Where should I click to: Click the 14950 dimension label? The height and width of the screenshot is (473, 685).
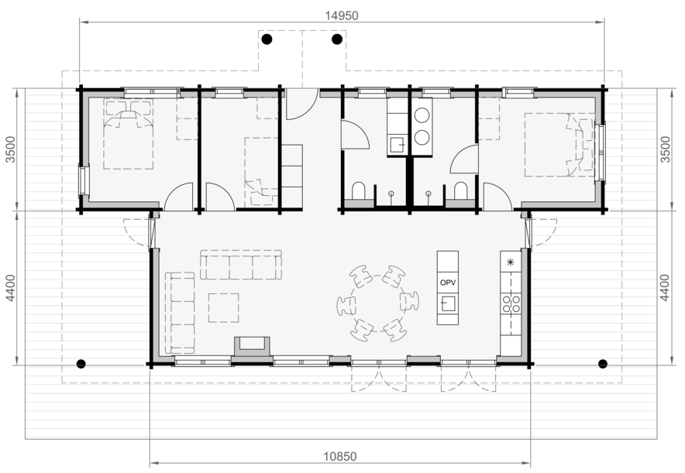pos(341,15)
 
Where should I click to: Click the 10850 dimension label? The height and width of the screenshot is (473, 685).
pos(340,457)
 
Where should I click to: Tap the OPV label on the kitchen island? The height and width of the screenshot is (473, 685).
pos(448,283)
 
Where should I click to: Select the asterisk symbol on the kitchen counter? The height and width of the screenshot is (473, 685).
pos(510,262)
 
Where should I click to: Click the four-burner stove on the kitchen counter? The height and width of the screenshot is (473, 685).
pos(511,303)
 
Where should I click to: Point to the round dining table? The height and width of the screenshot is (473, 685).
pos(377,303)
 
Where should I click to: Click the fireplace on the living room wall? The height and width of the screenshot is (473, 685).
pos(252,348)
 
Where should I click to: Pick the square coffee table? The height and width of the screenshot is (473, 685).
pos(223,307)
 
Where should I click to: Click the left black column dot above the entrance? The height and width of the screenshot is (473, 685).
pos(267,39)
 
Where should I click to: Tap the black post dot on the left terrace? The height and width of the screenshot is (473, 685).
pos(81,364)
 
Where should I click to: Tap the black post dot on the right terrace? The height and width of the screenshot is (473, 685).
pos(603,364)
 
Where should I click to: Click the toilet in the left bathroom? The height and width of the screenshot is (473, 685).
pos(359,190)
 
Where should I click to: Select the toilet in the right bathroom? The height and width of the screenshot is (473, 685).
pos(460,190)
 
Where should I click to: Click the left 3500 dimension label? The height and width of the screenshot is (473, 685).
pos(11,149)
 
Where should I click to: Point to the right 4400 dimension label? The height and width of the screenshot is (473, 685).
pos(665,287)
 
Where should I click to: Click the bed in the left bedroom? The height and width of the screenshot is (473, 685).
pos(129,135)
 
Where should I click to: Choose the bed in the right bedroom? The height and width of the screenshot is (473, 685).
pos(559,145)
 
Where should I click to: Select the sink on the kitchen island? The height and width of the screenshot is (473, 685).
pos(447,303)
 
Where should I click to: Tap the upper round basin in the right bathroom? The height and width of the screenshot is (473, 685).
pos(422,115)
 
